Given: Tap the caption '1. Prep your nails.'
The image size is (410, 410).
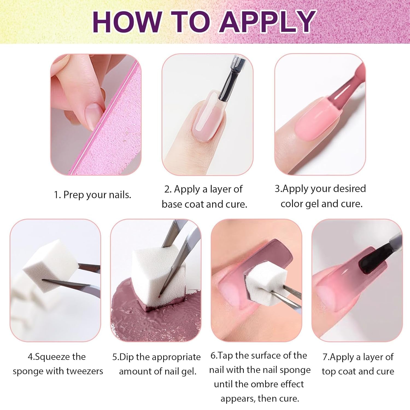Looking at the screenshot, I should tap(92, 195).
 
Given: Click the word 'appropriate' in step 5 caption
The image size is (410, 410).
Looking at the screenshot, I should tap(176, 357).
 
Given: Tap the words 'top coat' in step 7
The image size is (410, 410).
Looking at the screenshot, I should tap(339, 371).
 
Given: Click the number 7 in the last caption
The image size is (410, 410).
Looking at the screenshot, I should tap(325, 357).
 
